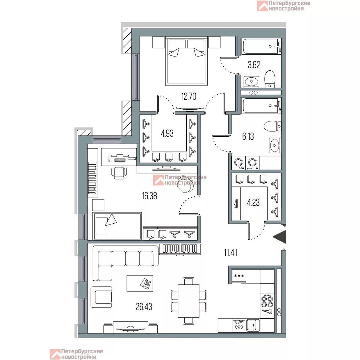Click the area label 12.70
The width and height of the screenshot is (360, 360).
189,97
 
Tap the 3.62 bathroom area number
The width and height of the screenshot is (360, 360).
254,65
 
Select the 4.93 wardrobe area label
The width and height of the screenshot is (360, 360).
167,133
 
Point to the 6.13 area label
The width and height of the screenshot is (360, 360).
248,136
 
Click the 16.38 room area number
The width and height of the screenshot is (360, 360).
149,196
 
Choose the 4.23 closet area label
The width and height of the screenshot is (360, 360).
253,202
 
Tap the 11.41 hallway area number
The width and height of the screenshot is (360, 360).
231,253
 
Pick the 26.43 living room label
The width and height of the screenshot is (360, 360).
144,307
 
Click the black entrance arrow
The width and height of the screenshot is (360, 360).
279,237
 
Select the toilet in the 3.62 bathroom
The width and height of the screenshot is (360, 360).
270,79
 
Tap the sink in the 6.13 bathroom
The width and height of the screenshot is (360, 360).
275,145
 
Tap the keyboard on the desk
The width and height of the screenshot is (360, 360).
120,160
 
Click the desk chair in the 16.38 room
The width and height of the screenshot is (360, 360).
119,173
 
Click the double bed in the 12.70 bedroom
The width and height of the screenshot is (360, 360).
186,61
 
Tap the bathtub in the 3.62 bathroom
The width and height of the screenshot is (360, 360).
261,47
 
